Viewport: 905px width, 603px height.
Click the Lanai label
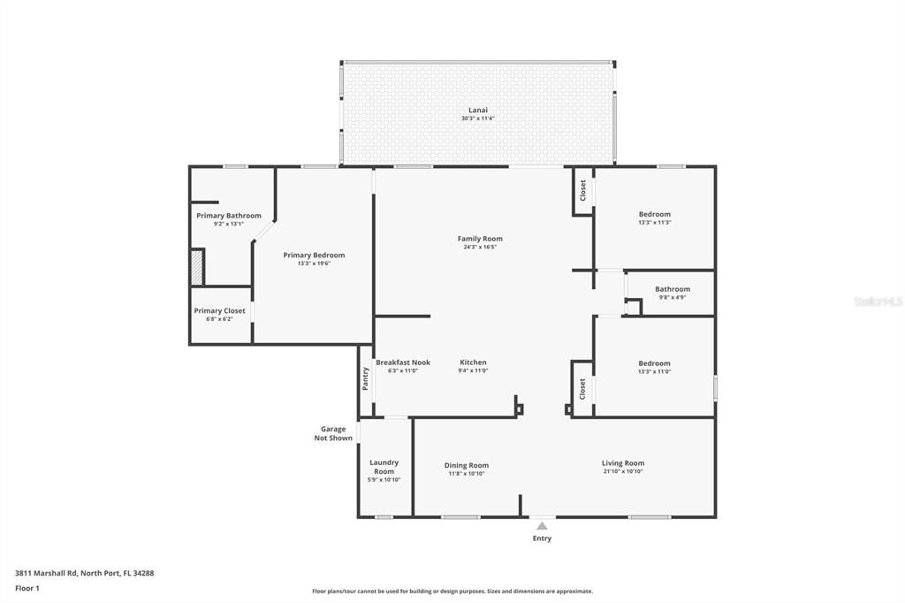pyautogui.click(x=477, y=111)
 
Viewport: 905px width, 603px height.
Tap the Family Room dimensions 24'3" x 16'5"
pyautogui.click(x=480, y=248)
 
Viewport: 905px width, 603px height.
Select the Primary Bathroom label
pyautogui.click(x=228, y=216)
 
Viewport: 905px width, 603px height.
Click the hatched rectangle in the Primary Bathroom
pyautogui.click(x=197, y=266)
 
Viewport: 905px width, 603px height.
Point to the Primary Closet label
pyautogui.click(x=219, y=311)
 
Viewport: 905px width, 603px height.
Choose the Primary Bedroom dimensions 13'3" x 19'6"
pyautogui.click(x=314, y=263)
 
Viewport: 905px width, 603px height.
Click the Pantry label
pyautogui.click(x=365, y=379)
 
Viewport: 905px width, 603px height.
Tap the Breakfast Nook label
pyautogui.click(x=402, y=363)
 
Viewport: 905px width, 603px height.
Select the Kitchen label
pyautogui.click(x=473, y=363)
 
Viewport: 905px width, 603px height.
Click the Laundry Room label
pyautogui.click(x=384, y=467)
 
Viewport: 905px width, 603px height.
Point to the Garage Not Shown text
pyautogui.click(x=333, y=433)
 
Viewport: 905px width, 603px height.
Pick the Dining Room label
pyautogui.click(x=466, y=465)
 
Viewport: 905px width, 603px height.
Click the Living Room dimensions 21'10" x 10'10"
pyautogui.click(x=622, y=472)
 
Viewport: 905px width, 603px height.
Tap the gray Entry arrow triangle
pyautogui.click(x=542, y=526)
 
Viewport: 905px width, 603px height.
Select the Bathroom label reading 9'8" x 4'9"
pyautogui.click(x=672, y=289)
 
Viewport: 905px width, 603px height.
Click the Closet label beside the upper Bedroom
pyautogui.click(x=582, y=190)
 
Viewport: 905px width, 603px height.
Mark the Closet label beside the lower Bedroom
pyautogui.click(x=582, y=388)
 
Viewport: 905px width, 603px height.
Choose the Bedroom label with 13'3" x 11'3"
pyautogui.click(x=654, y=214)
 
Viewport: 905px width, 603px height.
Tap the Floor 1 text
pyautogui.click(x=27, y=588)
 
